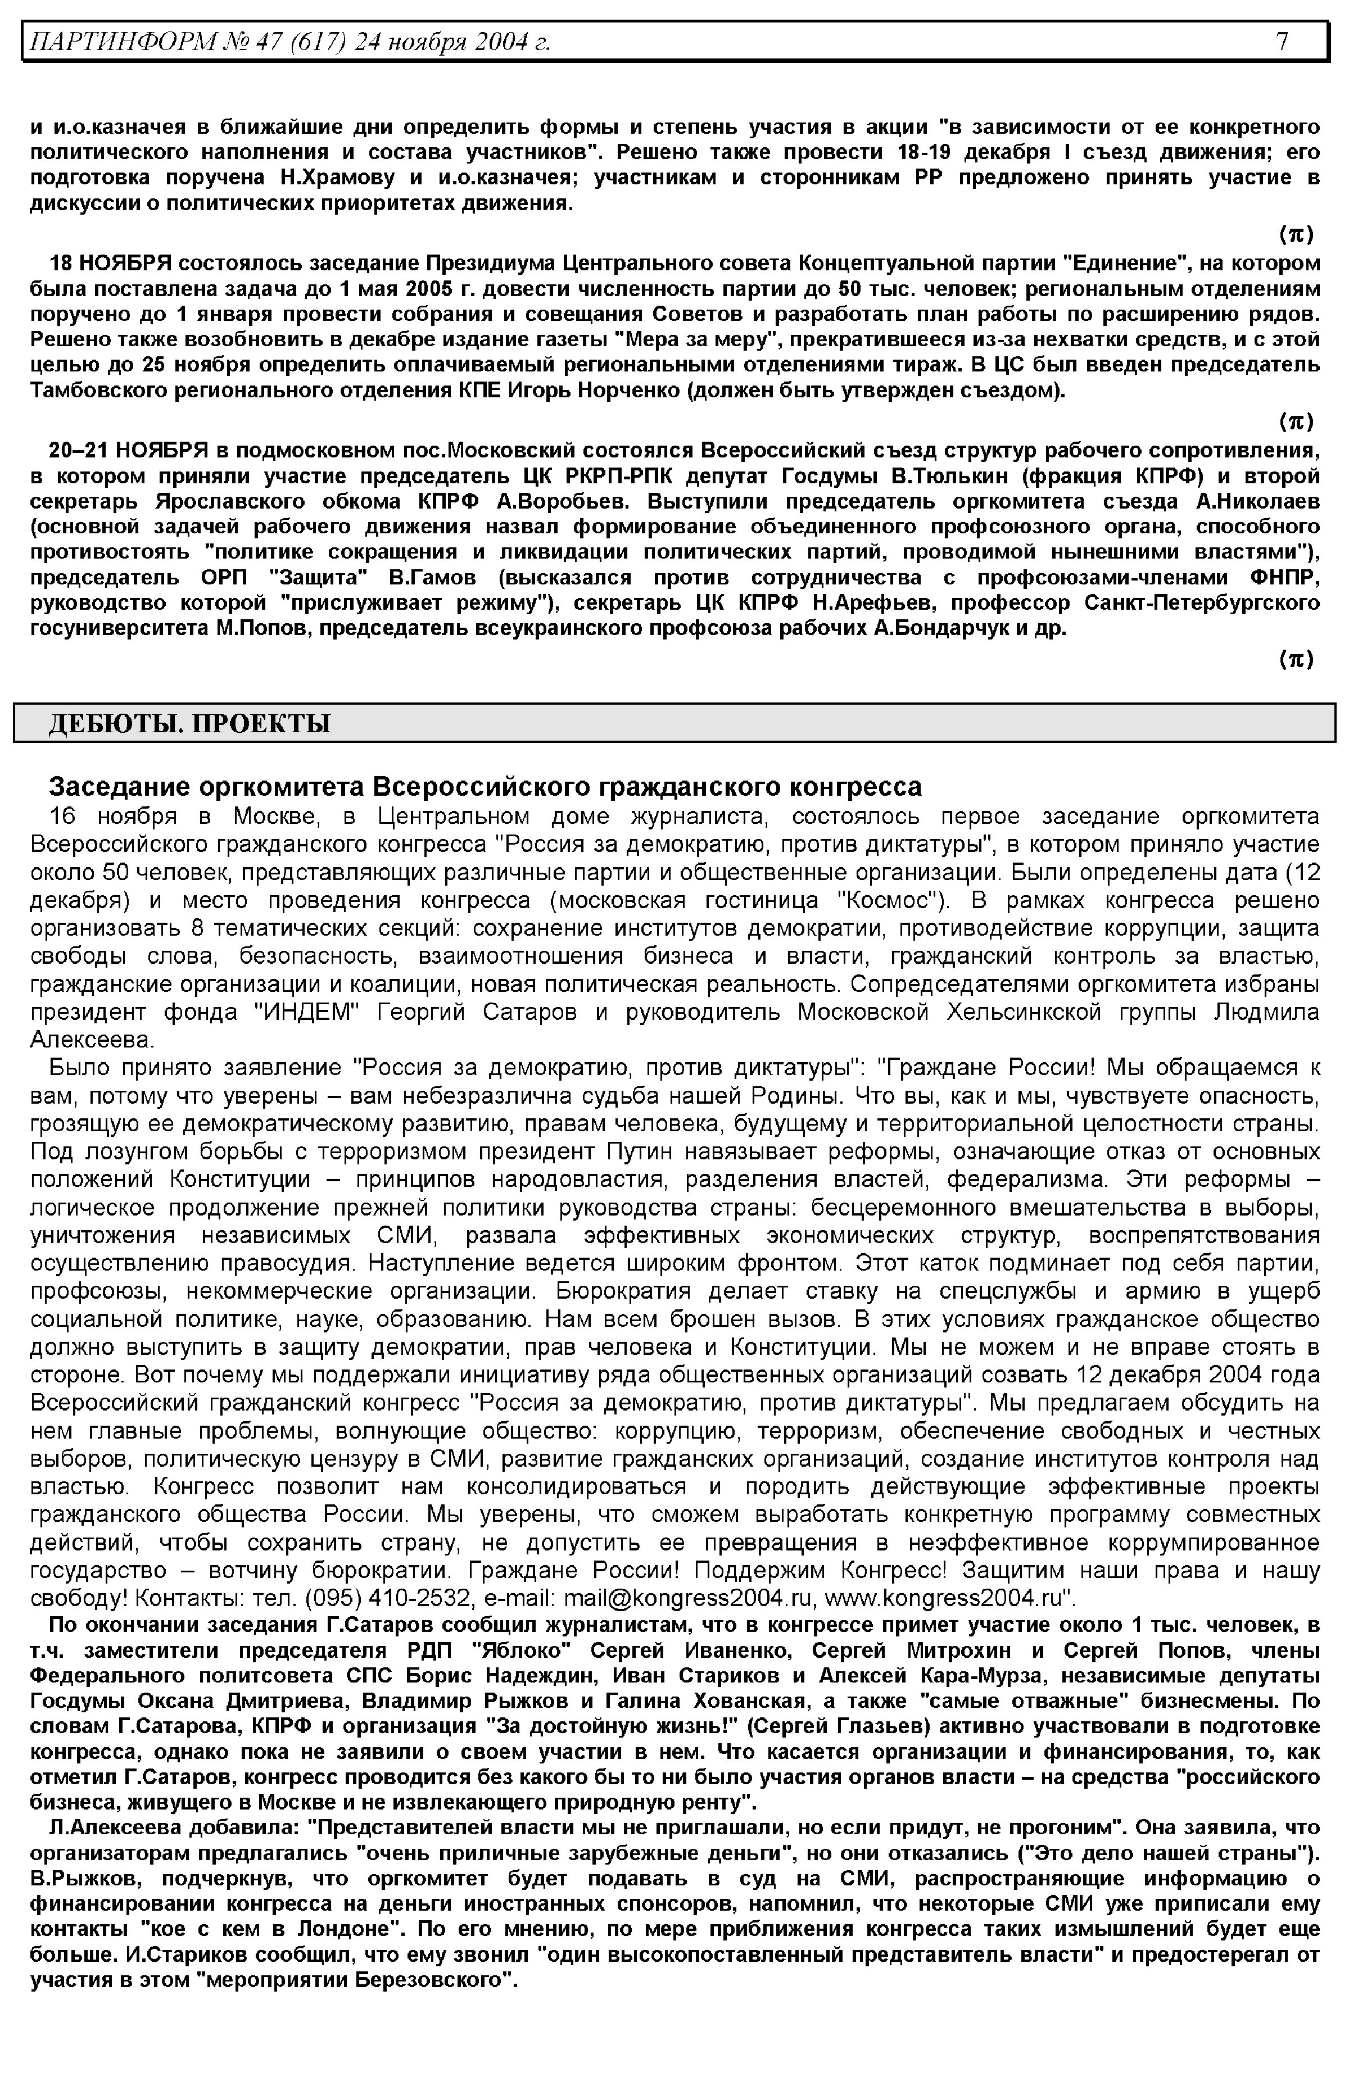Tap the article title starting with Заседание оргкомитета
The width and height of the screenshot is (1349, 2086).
tap(485, 786)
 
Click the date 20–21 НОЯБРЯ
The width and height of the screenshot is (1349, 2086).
tap(128, 450)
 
